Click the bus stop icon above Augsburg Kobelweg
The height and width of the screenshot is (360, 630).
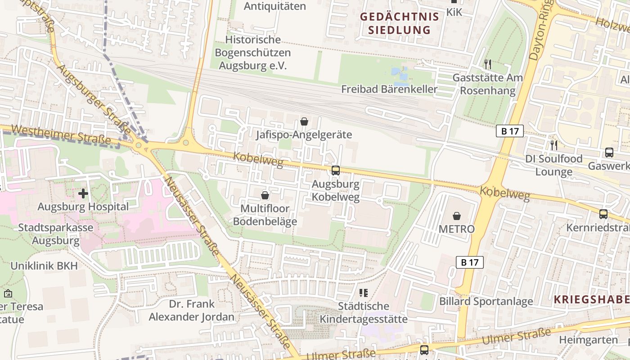[336, 171]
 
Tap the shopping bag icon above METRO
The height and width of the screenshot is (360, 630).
[457, 216]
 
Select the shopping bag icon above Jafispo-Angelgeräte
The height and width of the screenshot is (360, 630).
[304, 121]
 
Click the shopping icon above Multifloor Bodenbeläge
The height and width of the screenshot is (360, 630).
[265, 195]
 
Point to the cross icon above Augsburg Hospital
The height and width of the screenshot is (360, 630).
[83, 193]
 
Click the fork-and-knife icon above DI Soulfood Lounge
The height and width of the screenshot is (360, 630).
[554, 145]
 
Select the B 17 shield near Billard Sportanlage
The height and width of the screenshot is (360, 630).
[470, 262]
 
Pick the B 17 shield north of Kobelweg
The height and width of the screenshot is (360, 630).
[510, 131]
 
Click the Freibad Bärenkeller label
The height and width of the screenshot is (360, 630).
[389, 89]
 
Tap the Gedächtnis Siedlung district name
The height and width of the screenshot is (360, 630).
[399, 24]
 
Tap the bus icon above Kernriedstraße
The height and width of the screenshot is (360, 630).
[603, 214]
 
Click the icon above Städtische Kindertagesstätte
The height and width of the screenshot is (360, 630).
[364, 293]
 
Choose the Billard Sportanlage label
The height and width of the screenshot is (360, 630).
[486, 301]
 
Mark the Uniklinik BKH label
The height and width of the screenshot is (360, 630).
[44, 265]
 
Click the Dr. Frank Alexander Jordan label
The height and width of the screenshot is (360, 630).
[192, 310]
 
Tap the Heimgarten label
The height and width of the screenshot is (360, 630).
[588, 340]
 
